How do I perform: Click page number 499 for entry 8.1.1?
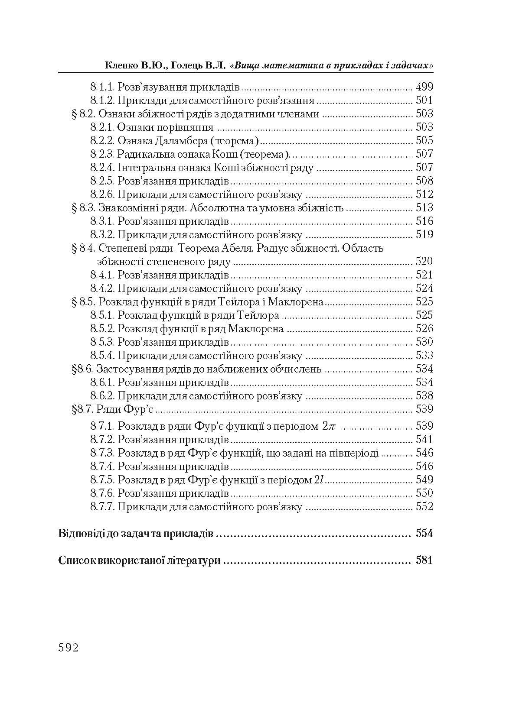point(424,87)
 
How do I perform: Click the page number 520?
point(424,261)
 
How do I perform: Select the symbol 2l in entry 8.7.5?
point(319,480)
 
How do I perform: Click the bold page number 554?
point(424,534)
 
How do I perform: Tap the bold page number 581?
point(424,560)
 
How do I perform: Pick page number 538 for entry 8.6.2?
point(424,396)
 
